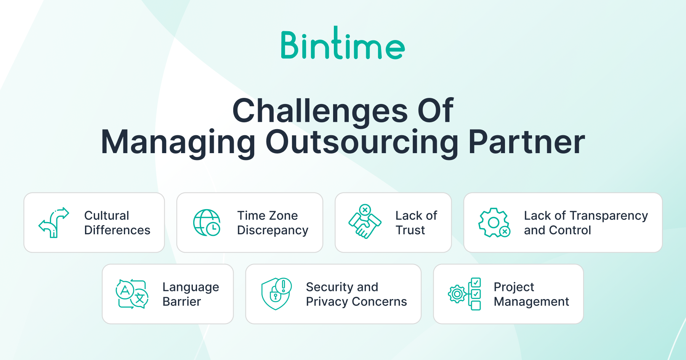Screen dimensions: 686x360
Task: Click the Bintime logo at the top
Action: (343, 43)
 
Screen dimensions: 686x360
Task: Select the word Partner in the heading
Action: (527, 142)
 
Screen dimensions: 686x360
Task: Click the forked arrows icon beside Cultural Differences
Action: (54, 223)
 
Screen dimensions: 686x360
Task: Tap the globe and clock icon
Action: (207, 223)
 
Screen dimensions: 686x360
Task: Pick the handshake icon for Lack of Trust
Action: (365, 222)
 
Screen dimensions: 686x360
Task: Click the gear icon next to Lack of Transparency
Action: (494, 223)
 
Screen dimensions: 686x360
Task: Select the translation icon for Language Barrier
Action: (132, 294)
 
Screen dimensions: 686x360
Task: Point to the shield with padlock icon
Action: (276, 294)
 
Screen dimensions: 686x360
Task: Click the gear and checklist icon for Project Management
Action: (464, 294)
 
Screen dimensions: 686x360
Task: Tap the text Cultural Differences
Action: (117, 223)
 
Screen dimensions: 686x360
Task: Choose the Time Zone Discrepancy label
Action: (273, 223)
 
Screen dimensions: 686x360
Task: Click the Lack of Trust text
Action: (416, 223)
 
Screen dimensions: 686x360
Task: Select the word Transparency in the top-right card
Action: (609, 216)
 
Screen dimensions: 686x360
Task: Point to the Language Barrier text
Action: (191, 294)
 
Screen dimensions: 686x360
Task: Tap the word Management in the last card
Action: (531, 301)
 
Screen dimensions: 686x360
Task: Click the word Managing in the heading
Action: (178, 142)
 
